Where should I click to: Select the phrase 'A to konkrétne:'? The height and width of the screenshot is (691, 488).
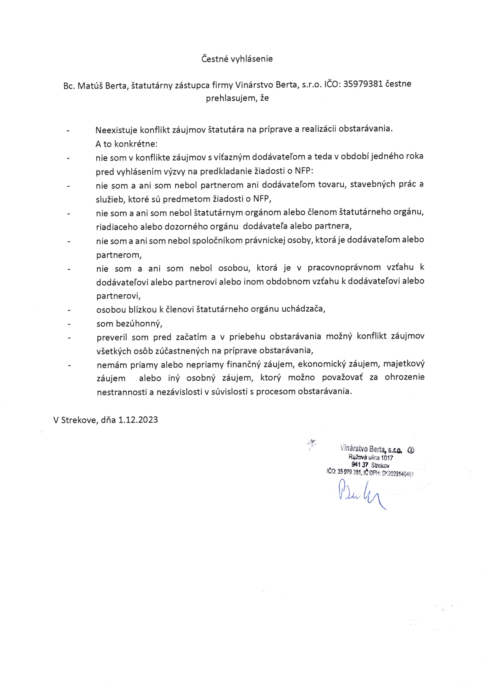(x=126, y=144)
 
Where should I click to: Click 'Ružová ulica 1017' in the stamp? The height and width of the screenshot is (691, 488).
(x=371, y=458)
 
